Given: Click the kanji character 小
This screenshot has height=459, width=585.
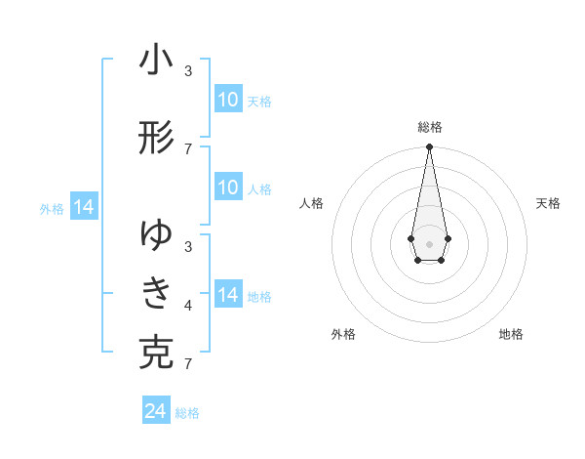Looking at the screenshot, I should [156, 61].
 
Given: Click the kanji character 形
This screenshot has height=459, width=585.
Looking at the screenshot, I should [156, 139].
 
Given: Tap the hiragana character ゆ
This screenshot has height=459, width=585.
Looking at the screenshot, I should [156, 235].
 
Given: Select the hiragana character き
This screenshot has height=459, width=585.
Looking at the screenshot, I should [156, 292].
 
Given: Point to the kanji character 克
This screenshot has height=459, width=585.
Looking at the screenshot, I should [156, 352].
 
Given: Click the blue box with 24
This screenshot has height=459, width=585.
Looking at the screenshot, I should [156, 411].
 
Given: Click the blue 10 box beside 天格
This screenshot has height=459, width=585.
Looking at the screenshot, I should [228, 100].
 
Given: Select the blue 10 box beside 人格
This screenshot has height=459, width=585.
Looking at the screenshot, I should [228, 188].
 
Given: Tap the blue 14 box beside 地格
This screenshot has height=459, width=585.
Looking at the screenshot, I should [228, 295].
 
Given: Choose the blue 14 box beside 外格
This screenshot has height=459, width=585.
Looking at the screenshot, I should [83, 207].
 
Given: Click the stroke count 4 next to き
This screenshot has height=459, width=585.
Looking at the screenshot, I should [188, 307].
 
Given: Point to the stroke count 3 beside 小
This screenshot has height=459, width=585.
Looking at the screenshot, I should [188, 71].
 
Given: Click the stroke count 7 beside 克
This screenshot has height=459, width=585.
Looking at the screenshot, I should [188, 365].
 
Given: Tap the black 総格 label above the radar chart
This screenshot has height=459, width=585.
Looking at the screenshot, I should [430, 127].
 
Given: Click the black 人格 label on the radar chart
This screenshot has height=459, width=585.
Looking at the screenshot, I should [312, 203].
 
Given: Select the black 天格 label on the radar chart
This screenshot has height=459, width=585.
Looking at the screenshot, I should [548, 203].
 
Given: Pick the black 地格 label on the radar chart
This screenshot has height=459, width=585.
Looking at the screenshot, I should [511, 334].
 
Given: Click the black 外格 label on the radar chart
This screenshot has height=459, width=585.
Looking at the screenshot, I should [343, 334].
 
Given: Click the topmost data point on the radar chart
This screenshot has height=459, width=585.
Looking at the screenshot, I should [429, 147].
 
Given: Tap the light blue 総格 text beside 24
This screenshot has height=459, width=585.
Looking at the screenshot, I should [187, 413].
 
